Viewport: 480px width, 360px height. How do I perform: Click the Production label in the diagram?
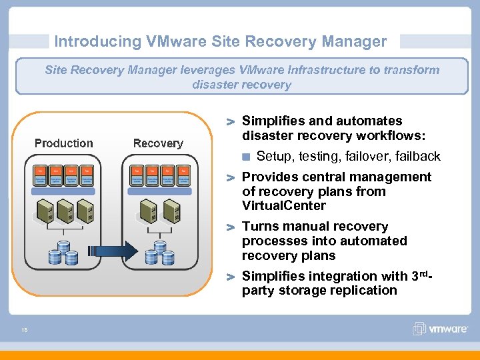point(64,143)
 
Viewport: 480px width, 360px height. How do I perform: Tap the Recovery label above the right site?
point(158,143)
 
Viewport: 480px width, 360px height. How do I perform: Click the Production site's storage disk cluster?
point(64,252)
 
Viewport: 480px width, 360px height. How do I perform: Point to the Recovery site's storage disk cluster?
point(161,252)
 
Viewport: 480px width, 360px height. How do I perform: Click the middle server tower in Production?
point(64,212)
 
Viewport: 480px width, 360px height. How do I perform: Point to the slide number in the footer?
point(24,328)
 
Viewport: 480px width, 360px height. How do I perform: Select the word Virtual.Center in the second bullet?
point(284,206)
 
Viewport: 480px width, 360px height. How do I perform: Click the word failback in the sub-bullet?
point(418,157)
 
